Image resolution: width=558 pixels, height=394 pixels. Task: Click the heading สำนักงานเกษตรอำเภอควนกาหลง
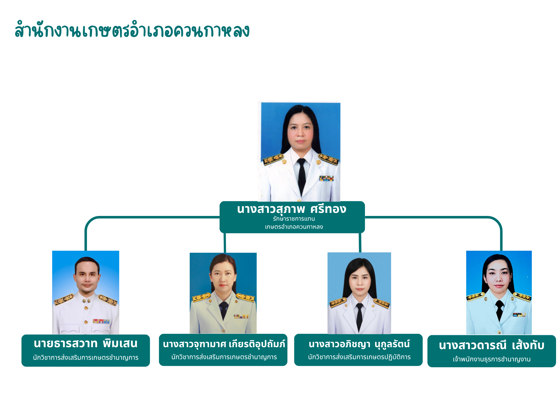click(132, 30)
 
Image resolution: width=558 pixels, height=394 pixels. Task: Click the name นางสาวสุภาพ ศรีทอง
click(292, 209)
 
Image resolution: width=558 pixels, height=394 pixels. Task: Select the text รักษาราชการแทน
click(294, 219)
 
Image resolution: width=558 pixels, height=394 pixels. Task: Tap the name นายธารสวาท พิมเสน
click(86, 344)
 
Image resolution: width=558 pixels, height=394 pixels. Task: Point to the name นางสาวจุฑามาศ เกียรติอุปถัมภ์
click(224, 344)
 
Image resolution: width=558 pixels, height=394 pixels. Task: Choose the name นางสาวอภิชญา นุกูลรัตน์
click(359, 344)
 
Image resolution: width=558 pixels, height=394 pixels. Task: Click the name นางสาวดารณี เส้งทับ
click(492, 346)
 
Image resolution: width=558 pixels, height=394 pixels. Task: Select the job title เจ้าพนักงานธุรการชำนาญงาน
click(492, 359)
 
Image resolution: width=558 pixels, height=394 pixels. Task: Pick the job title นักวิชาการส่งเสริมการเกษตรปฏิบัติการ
click(359, 357)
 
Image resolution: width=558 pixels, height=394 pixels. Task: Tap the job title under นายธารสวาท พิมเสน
click(86, 357)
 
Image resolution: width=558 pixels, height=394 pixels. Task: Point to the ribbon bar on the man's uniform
click(101, 321)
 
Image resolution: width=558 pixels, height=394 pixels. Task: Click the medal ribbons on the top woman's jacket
click(326, 178)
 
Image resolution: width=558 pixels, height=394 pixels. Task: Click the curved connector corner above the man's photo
click(91, 222)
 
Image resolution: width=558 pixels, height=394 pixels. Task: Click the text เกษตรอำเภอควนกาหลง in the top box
click(294, 227)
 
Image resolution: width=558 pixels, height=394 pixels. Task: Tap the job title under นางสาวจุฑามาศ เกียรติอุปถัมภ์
click(224, 357)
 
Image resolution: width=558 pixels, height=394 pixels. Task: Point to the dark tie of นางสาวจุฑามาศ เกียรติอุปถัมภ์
click(224, 309)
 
